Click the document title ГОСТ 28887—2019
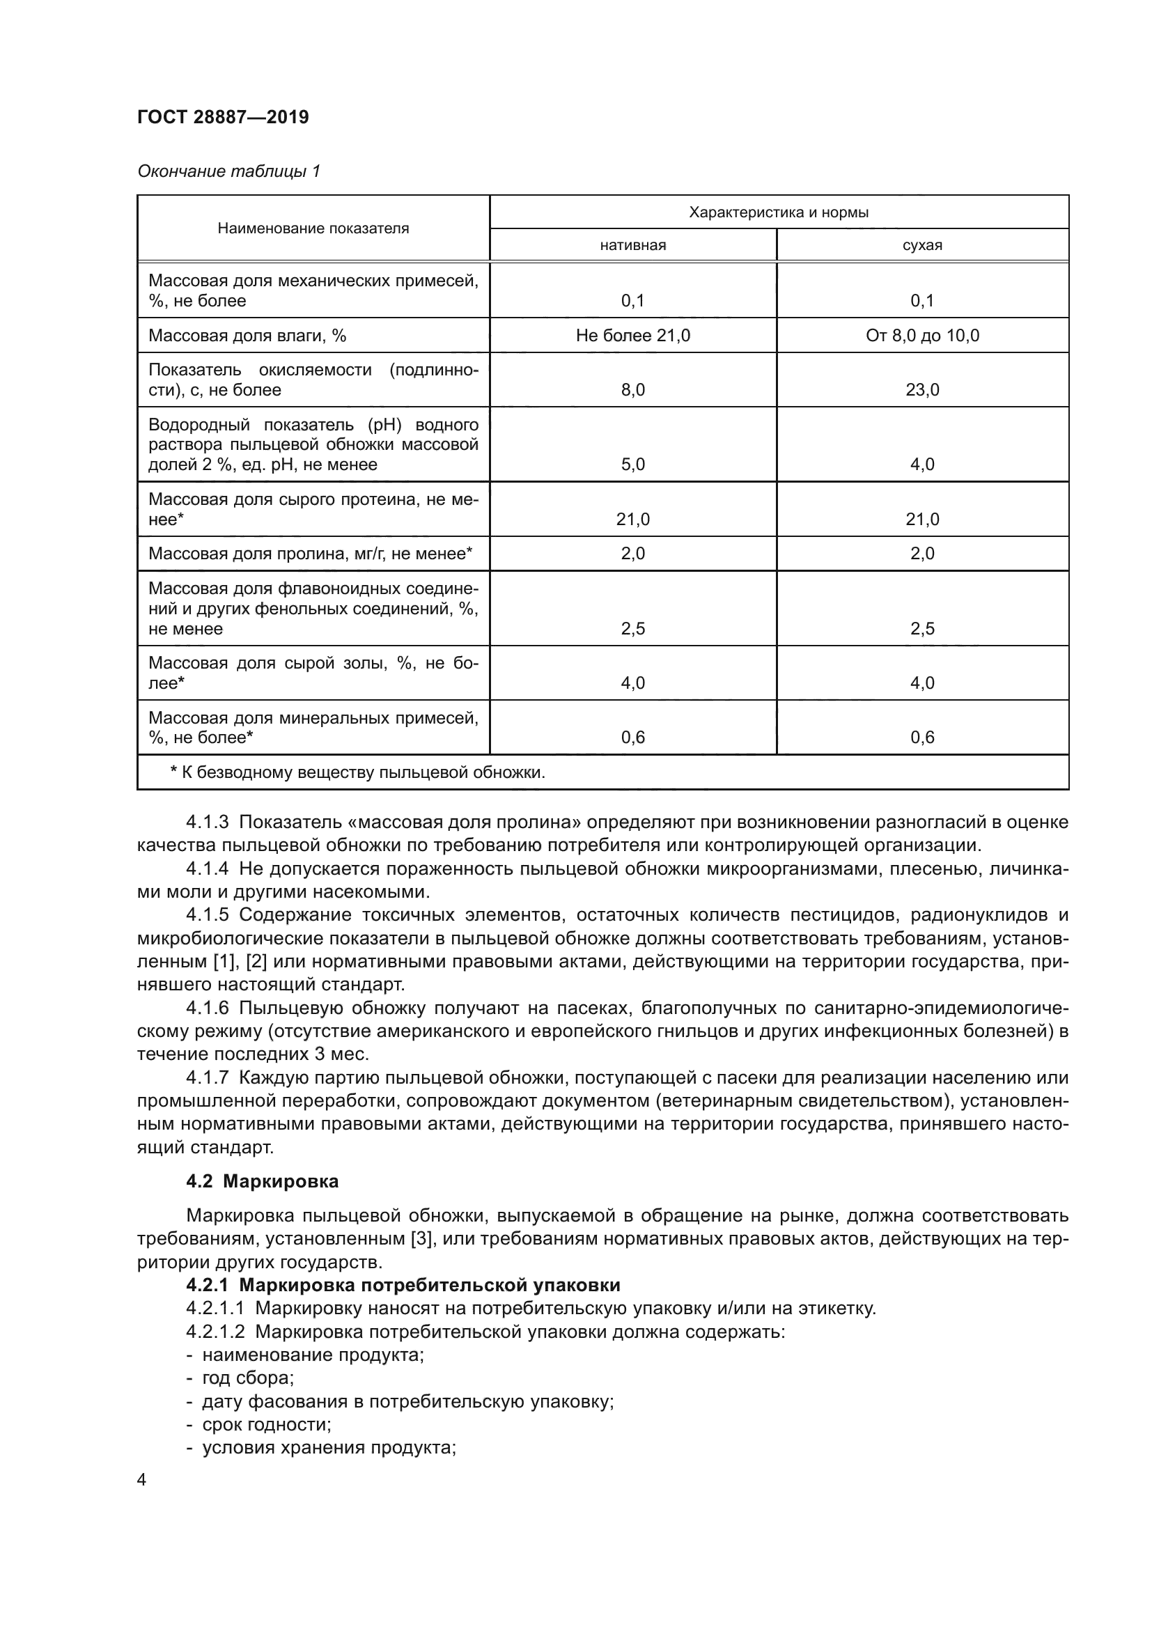click(x=223, y=117)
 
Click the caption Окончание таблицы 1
click(x=228, y=171)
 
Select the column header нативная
click(x=632, y=245)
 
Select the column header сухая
click(x=922, y=245)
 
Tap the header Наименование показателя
click(x=313, y=228)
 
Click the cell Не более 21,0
click(x=632, y=336)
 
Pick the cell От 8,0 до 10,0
click(x=922, y=336)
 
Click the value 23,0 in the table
click(x=922, y=389)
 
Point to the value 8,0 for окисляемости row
click(x=632, y=389)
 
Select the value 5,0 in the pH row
click(x=632, y=465)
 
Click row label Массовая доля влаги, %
click(x=247, y=336)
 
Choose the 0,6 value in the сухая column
click(x=922, y=737)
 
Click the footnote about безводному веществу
click(x=357, y=772)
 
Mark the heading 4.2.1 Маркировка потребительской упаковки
click(x=403, y=1286)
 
